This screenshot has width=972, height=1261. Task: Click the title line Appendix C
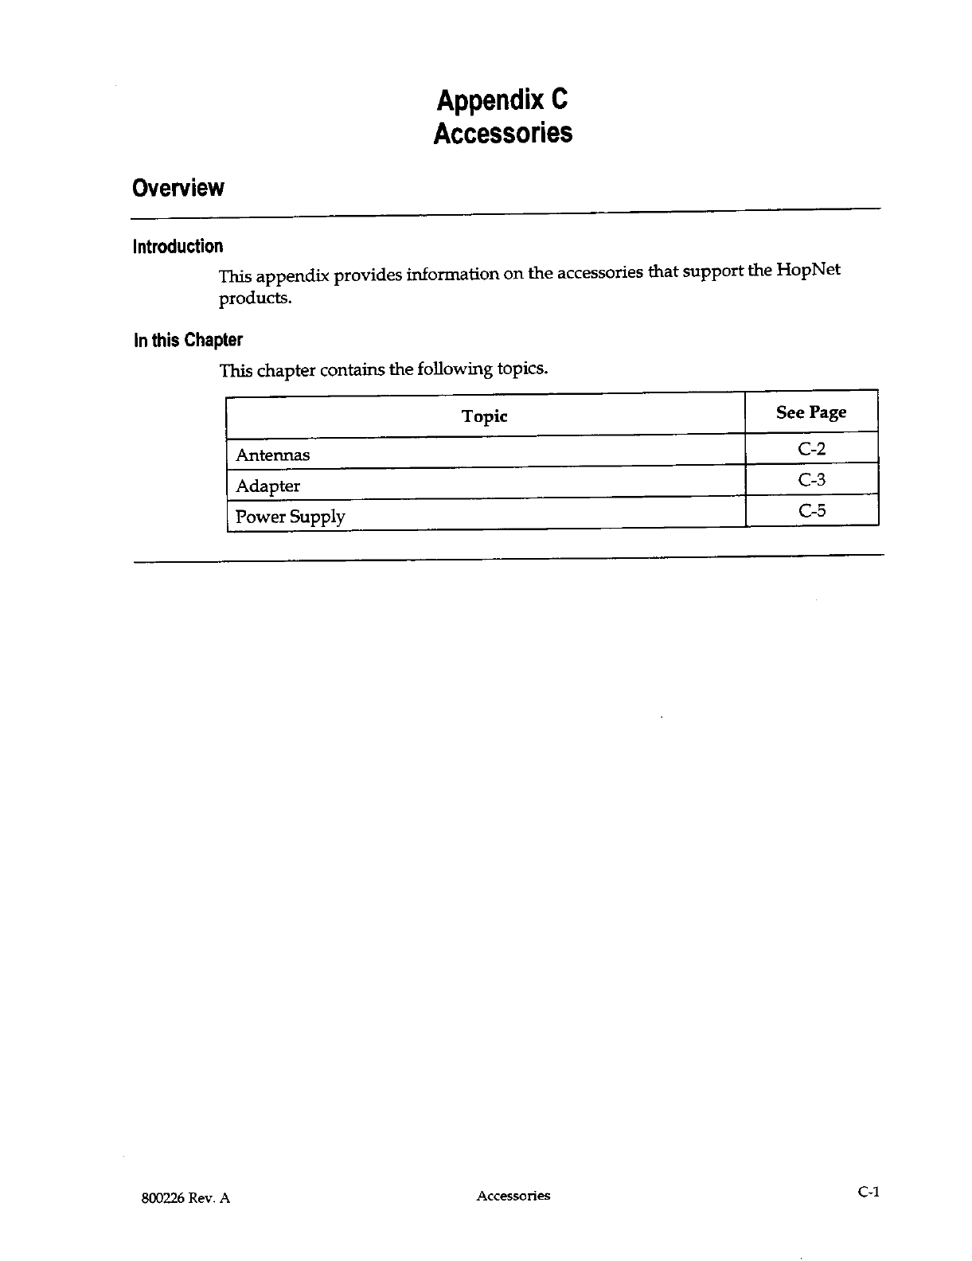point(502,100)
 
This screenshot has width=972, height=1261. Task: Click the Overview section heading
point(178,189)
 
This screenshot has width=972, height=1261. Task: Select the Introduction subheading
point(178,246)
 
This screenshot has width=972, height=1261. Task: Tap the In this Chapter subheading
point(187,340)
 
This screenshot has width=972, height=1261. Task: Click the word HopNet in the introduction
point(808,269)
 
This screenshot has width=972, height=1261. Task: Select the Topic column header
point(484,416)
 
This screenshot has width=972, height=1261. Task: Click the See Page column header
point(811,412)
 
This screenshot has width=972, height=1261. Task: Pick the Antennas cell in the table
point(273,455)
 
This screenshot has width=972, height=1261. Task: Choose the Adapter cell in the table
point(268,486)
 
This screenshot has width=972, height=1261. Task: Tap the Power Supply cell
point(291,517)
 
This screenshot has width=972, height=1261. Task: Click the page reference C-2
point(812,449)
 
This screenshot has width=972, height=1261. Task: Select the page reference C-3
point(812,479)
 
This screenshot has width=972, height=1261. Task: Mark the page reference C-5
point(812,510)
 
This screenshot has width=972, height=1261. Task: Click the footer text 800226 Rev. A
point(182,1197)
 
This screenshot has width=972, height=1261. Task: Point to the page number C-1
point(868,1192)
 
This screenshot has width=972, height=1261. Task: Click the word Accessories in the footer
point(513,1196)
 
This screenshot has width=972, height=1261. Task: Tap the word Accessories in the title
point(502,133)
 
